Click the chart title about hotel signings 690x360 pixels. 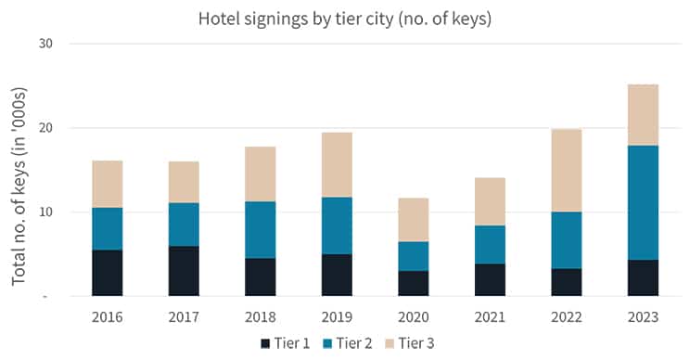[x=345, y=18]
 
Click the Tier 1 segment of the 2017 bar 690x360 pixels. [x=184, y=271]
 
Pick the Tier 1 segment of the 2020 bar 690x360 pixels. [x=412, y=283]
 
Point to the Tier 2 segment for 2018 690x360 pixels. [x=260, y=229]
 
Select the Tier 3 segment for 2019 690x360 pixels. [x=336, y=164]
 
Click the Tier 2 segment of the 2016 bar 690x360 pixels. [x=108, y=228]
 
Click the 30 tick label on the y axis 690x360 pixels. [x=45, y=44]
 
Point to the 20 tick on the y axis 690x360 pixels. [x=45, y=128]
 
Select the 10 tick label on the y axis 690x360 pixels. [x=45, y=212]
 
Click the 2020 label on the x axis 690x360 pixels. [x=412, y=317]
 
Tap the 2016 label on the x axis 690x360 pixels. [x=108, y=317]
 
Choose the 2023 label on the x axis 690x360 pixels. [x=642, y=317]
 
